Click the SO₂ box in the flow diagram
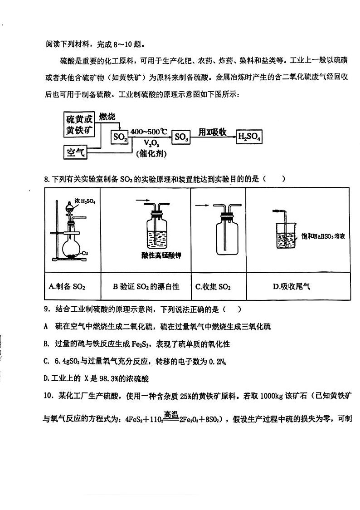pos(120,137)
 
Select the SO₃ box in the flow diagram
pos(181,137)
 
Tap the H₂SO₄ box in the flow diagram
pos(249,137)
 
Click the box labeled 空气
pos(76,152)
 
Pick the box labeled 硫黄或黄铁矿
pos(79,125)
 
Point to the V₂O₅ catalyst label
pos(148,143)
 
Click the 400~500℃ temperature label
pos(149,132)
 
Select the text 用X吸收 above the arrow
pos(212,132)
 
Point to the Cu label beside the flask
pos(85,253)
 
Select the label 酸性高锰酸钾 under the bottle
pos(161,255)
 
